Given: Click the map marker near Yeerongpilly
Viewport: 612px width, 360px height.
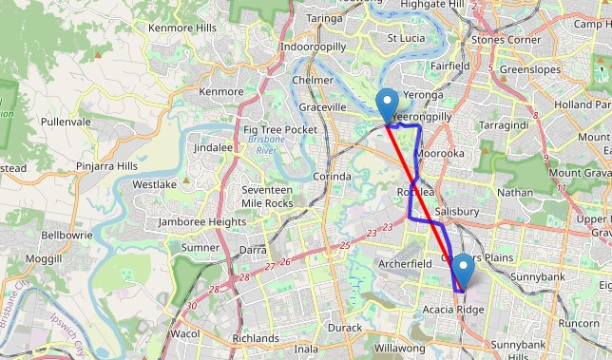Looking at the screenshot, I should click(x=387, y=104).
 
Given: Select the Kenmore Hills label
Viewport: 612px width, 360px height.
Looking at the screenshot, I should click(x=182, y=28).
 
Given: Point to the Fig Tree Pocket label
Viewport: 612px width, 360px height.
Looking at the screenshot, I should click(x=280, y=129).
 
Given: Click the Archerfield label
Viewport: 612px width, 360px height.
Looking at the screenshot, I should click(x=405, y=263).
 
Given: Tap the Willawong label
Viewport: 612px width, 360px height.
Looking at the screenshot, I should click(x=399, y=349).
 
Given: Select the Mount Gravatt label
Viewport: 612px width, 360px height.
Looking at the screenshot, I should click(x=580, y=172).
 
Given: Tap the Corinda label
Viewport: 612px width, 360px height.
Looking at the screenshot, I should click(x=332, y=177).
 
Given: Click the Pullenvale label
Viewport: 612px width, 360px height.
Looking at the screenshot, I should click(x=66, y=122).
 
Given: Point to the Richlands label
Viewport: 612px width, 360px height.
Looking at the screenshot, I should click(x=255, y=337).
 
